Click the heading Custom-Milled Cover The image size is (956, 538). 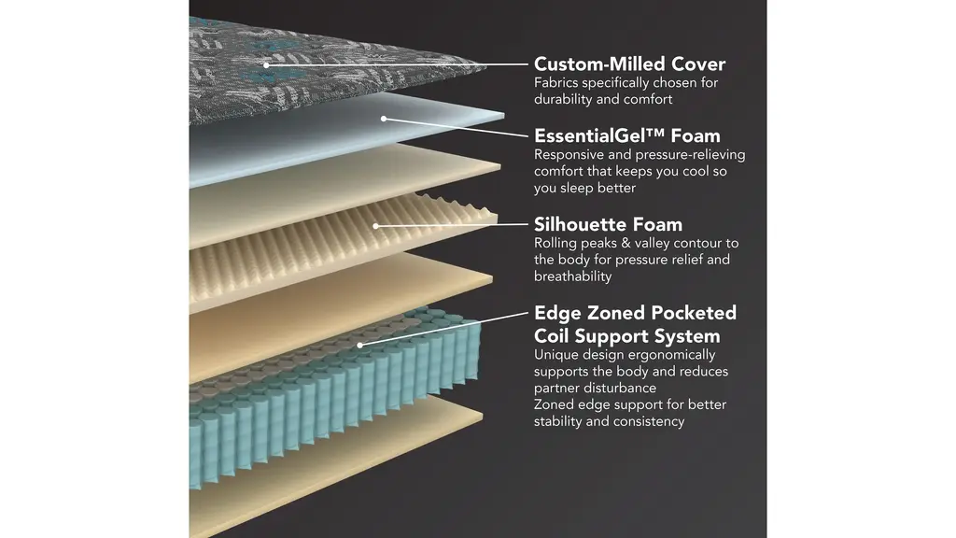coord(629,64)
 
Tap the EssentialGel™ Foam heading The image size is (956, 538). coord(626,136)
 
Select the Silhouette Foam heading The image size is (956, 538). coord(608,224)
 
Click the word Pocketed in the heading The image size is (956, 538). coord(690,313)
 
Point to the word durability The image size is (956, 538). coord(563,99)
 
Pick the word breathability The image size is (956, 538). coord(573,276)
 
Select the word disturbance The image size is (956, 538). coord(622,388)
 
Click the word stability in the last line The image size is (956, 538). coord(557,421)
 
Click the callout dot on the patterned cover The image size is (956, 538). coord(267,64)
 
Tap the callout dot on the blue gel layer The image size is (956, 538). coord(383,119)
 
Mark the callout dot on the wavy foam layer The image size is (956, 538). coord(375,225)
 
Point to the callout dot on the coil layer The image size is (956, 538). coord(359,344)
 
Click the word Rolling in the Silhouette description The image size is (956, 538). coord(556,243)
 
